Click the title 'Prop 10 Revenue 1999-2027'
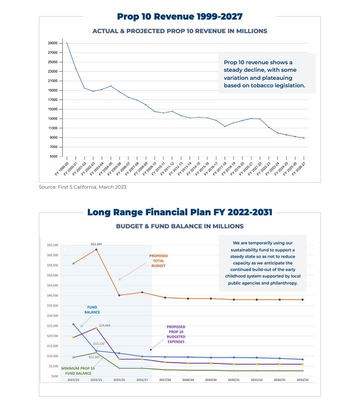pos(179,17)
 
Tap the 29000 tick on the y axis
pos(52,43)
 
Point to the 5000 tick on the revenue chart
pos(53,157)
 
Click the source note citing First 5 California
pos(83,187)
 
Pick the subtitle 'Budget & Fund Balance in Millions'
pos(180,226)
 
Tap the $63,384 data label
pos(96,244)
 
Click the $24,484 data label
pos(104,325)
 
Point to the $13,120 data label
pos(99,344)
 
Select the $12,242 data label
pos(94,357)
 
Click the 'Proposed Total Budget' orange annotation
pos(158,260)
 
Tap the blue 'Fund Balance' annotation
pos(92,310)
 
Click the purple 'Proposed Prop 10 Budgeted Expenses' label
pos(175,334)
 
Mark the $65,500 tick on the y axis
pos(52,245)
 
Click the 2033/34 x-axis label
pos(302,380)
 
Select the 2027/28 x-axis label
pos(165,380)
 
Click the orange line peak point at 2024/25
pos(96,249)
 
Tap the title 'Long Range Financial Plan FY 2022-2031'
pos(180,212)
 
